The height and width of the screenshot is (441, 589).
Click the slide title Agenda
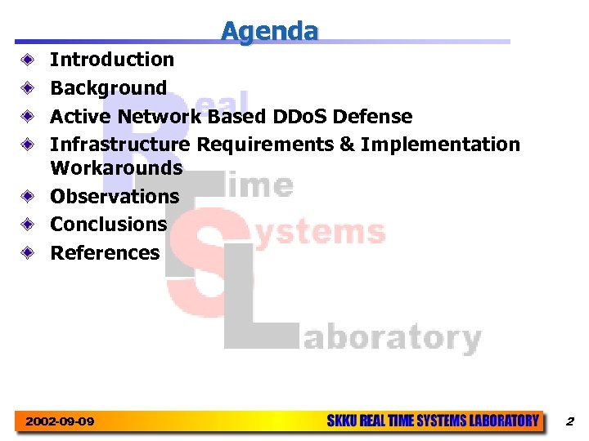(x=269, y=31)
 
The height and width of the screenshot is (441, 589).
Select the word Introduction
(x=112, y=60)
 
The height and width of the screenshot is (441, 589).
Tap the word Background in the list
(x=108, y=88)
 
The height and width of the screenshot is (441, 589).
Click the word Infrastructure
(x=120, y=145)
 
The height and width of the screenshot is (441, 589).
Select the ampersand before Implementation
(x=347, y=145)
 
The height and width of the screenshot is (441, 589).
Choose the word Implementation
(x=440, y=145)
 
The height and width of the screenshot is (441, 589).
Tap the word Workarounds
(x=116, y=168)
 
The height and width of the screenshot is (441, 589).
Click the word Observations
(x=115, y=196)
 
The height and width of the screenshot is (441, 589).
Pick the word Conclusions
(x=108, y=224)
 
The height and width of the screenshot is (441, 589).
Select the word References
(x=105, y=252)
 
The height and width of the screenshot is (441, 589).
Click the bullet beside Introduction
(x=29, y=60)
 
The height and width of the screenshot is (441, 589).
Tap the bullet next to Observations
(x=29, y=196)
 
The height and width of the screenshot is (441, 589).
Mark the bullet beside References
(x=29, y=252)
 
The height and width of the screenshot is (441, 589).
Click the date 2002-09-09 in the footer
(x=60, y=421)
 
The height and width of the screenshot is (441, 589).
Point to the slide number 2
(x=569, y=421)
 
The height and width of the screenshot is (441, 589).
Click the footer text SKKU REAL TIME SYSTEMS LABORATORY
(x=433, y=421)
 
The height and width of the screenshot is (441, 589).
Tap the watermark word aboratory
(x=392, y=337)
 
